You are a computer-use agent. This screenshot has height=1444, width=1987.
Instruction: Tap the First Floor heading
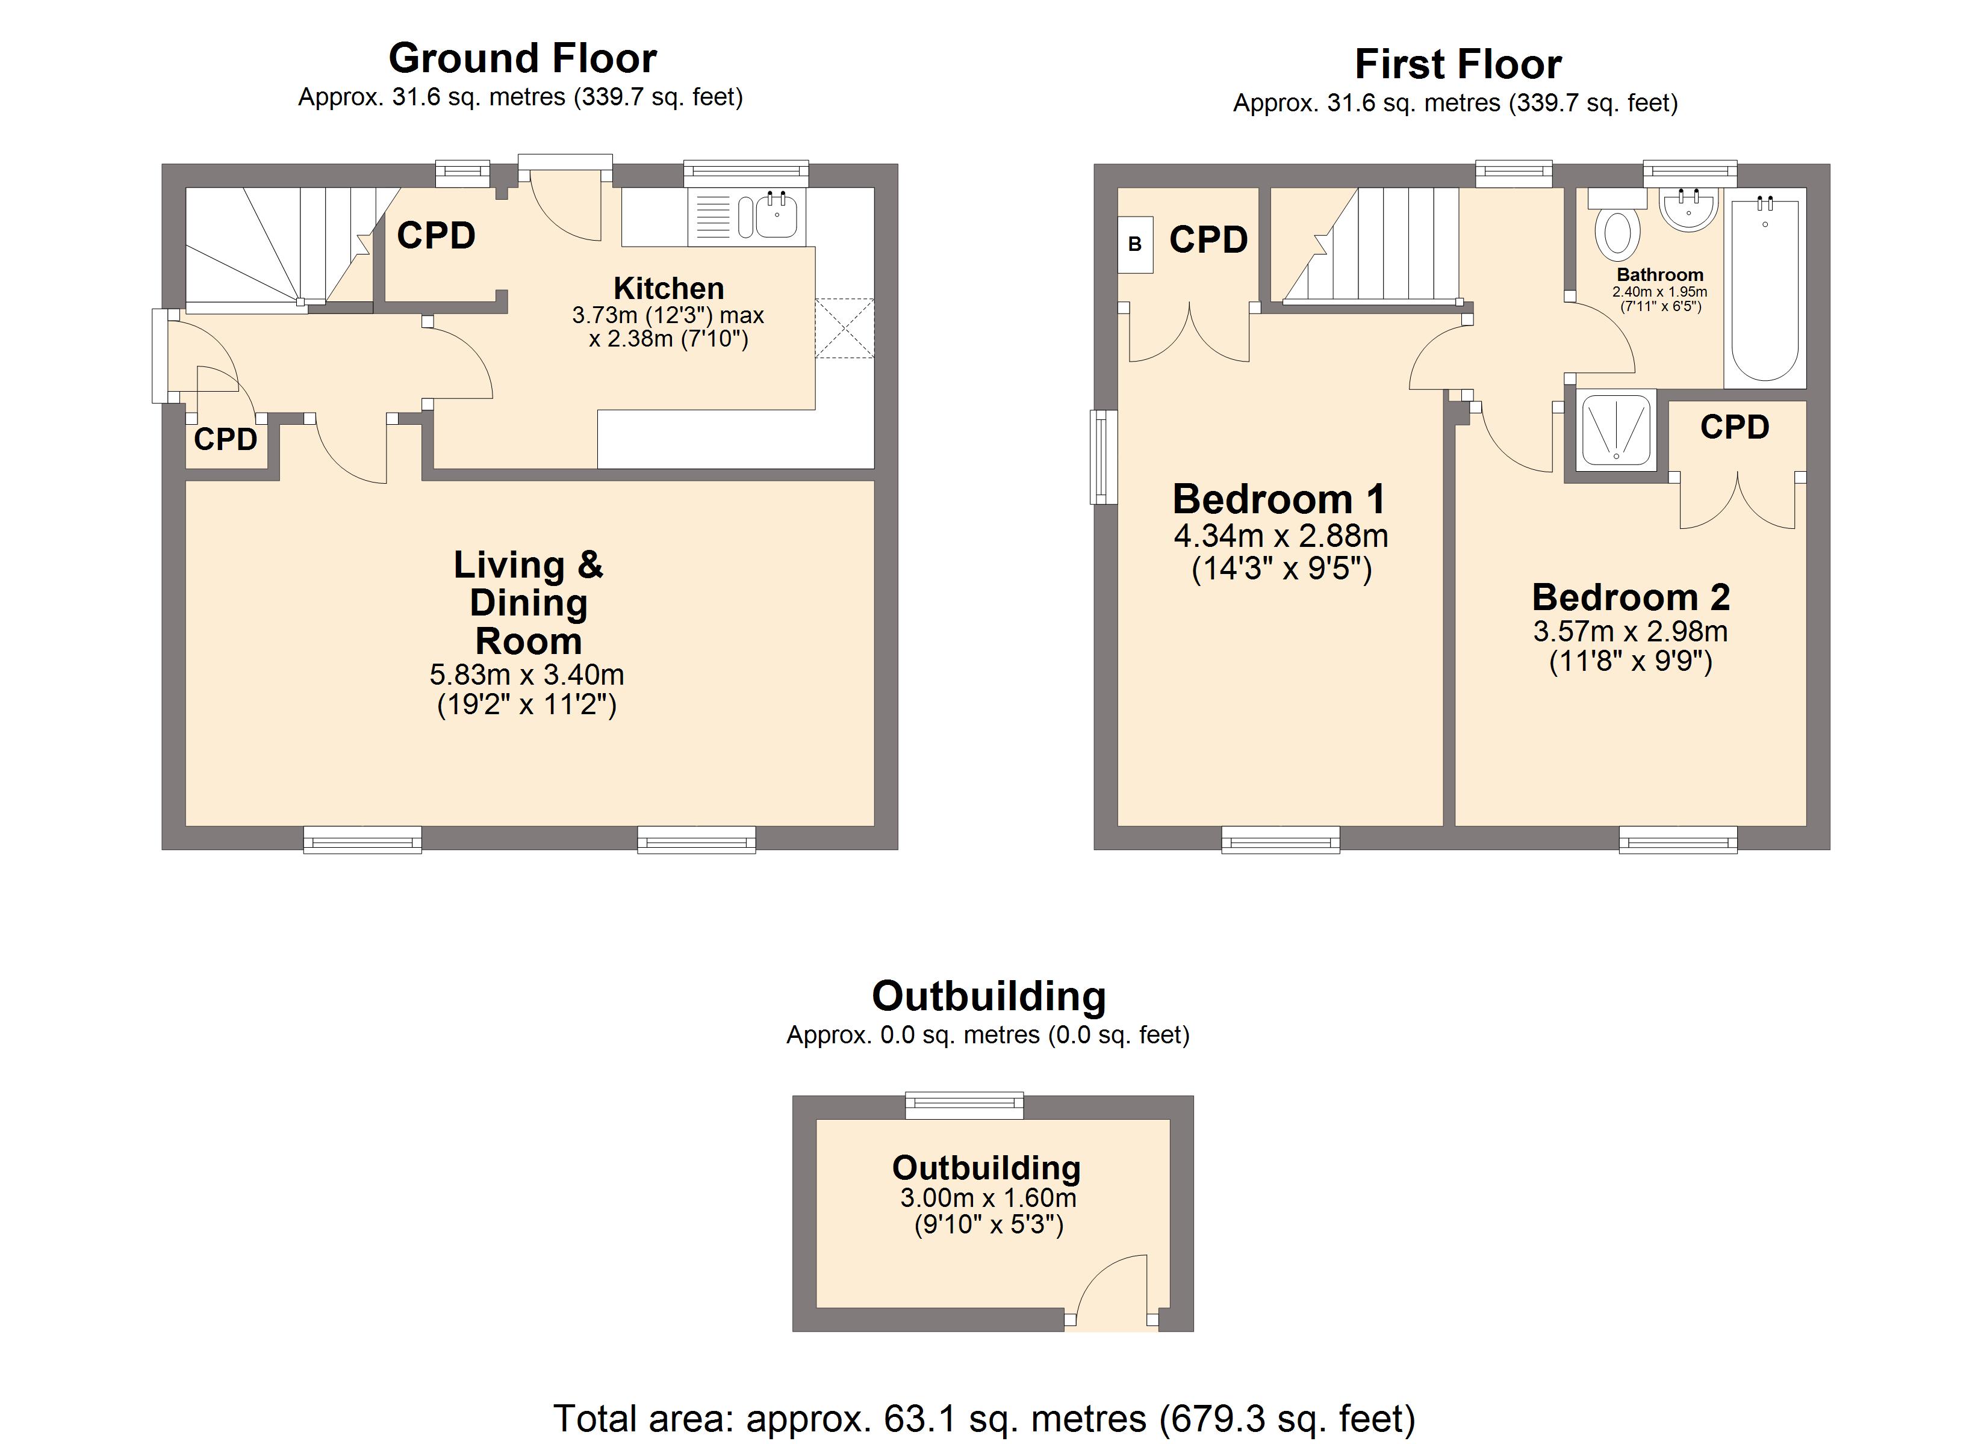pyautogui.click(x=1458, y=64)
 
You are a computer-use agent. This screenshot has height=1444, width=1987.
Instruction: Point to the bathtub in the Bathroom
pyautogui.click(x=1764, y=288)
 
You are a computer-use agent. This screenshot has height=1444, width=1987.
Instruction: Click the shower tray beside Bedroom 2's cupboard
pyautogui.click(x=1615, y=431)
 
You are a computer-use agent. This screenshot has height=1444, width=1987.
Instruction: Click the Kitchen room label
pyautogui.click(x=668, y=288)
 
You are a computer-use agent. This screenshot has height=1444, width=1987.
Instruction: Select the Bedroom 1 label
pyautogui.click(x=1279, y=499)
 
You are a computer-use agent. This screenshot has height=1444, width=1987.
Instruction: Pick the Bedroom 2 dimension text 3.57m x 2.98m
pyautogui.click(x=1631, y=631)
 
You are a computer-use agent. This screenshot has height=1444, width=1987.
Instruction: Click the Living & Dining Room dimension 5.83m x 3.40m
pyautogui.click(x=526, y=675)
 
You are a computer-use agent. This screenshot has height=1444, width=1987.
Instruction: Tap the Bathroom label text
pyautogui.click(x=1660, y=275)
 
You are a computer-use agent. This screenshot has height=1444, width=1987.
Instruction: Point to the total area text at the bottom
pyautogui.click(x=984, y=1418)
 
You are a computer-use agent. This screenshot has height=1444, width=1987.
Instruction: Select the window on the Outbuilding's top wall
pyautogui.click(x=964, y=1105)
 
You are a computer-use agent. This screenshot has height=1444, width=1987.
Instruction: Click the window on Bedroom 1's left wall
pyautogui.click(x=1104, y=457)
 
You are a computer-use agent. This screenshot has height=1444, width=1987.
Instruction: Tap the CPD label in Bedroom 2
pyautogui.click(x=1735, y=427)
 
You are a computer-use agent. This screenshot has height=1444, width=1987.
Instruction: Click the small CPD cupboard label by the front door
pyautogui.click(x=225, y=440)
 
